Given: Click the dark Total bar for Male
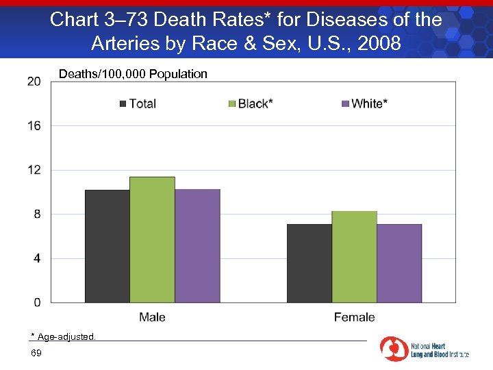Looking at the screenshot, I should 107,246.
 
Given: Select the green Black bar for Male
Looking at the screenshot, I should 152,240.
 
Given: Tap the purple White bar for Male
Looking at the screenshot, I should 197,246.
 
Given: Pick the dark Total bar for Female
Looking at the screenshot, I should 309,263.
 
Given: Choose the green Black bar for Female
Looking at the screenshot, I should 354,257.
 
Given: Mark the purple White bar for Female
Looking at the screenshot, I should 399,263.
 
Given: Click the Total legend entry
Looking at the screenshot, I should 138,103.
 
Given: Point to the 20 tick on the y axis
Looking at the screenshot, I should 34,82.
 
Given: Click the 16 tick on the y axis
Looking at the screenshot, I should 34,125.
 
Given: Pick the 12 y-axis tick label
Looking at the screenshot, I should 34,170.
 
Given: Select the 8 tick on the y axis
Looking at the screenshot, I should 37,214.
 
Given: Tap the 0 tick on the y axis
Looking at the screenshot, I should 37,302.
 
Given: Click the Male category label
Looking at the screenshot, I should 152,317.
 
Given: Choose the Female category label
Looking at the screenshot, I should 354,317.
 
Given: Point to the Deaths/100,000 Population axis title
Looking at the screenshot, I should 133,74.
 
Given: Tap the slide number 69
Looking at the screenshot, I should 36,353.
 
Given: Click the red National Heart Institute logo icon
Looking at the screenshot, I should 394,349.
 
